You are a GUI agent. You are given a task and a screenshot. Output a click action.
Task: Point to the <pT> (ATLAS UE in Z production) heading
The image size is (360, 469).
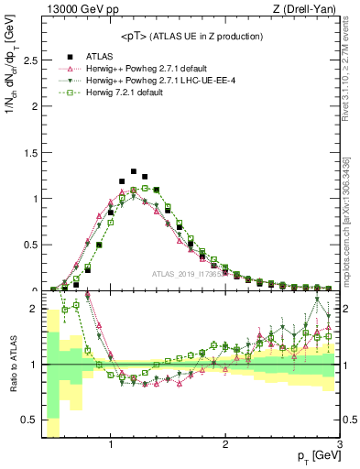191,36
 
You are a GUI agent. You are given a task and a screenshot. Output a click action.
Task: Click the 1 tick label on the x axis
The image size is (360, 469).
111,445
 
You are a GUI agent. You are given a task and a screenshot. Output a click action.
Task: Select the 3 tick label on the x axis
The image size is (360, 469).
339,445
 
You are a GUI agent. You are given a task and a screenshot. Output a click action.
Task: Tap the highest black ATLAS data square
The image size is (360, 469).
134,171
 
